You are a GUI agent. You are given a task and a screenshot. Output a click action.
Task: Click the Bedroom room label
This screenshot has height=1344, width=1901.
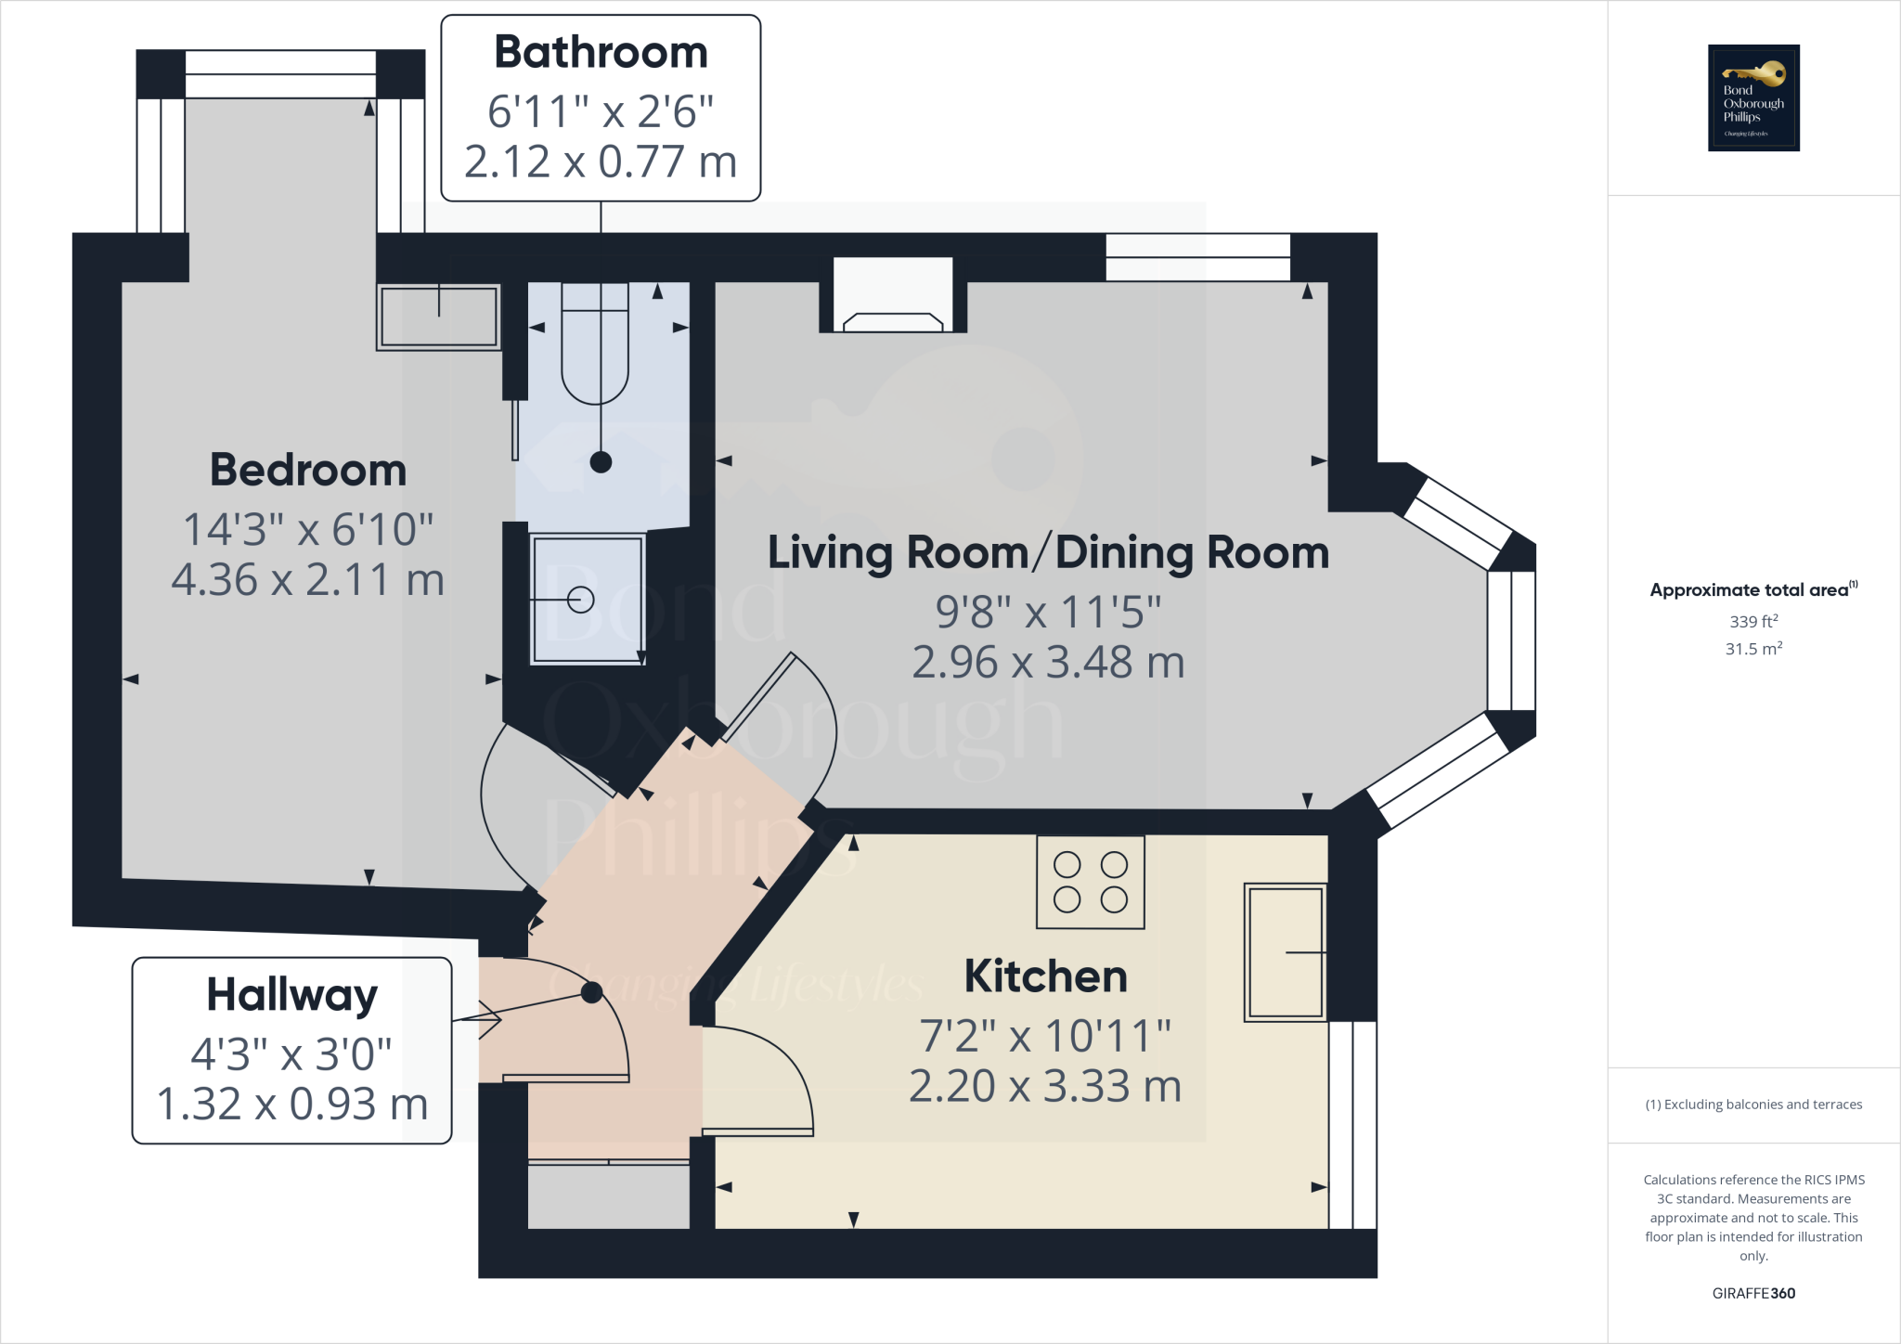pyautogui.click(x=308, y=470)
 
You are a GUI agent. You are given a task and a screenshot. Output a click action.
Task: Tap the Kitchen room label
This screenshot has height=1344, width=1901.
pyautogui.click(x=1045, y=976)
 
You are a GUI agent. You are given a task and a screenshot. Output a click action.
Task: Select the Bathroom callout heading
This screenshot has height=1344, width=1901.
pyautogui.click(x=601, y=52)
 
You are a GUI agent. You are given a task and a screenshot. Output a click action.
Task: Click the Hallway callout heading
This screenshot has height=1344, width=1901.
pyautogui.click(x=291, y=995)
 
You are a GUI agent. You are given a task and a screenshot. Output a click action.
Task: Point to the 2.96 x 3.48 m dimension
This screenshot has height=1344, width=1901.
pyautogui.click(x=1048, y=663)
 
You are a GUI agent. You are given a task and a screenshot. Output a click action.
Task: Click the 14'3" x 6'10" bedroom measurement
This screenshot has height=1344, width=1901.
pyautogui.click(x=308, y=530)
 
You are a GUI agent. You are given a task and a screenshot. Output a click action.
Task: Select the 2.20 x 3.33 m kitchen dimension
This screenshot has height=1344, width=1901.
pyautogui.click(x=1045, y=1086)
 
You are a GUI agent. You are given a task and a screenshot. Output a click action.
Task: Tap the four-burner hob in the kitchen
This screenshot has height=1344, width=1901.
pyautogui.click(x=1091, y=882)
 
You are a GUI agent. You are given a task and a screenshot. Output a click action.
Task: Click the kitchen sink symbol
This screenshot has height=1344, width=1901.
pyautogui.click(x=1286, y=952)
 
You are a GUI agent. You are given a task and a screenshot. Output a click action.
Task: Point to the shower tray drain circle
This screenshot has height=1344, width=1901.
pyautogui.click(x=581, y=601)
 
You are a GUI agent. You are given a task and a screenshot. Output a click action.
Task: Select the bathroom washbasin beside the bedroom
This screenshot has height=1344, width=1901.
pyautogui.click(x=439, y=317)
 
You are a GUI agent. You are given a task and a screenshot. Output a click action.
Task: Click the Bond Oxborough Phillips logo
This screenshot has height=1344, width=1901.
pyautogui.click(x=1753, y=97)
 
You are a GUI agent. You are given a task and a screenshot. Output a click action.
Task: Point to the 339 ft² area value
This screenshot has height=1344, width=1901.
pyautogui.click(x=1753, y=622)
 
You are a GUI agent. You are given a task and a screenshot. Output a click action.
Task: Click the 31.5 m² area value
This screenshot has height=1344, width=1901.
pyautogui.click(x=1753, y=649)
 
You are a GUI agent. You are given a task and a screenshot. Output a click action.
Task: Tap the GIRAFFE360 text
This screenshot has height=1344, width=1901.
pyautogui.click(x=1753, y=1293)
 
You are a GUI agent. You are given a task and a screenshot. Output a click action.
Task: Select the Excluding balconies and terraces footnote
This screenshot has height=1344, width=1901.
pyautogui.click(x=1753, y=1105)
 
